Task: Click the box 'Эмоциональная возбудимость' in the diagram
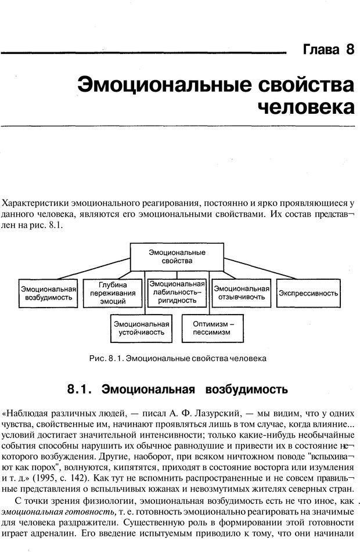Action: [x=49, y=293]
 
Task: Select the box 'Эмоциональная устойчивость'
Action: [x=142, y=329]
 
